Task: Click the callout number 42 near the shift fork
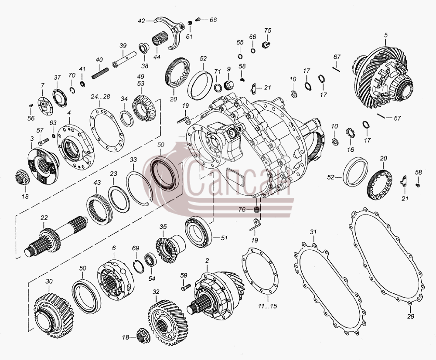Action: [142, 21]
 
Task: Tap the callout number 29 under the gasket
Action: [410, 316]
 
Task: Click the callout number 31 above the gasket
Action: [313, 231]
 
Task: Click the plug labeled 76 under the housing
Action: [258, 209]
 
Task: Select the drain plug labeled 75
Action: [267, 44]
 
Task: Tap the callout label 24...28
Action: [100, 96]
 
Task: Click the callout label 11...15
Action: [267, 306]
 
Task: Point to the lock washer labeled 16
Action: [351, 132]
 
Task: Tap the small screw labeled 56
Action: [31, 105]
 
